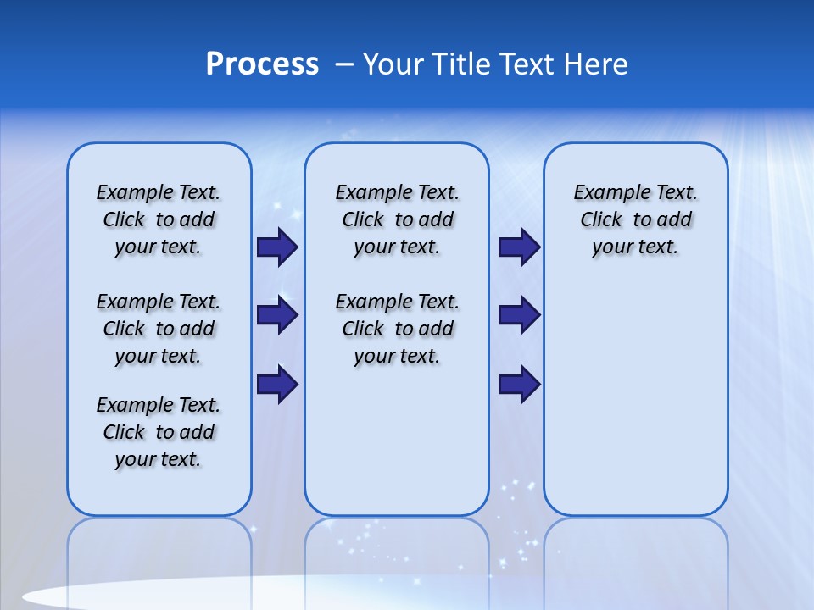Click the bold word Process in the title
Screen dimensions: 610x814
point(262,64)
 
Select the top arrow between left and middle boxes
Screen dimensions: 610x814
point(277,247)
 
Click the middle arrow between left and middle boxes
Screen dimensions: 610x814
point(277,315)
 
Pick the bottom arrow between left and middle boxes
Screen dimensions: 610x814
point(277,384)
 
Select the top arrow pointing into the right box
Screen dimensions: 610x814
point(519,247)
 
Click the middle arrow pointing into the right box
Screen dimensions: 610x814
point(519,315)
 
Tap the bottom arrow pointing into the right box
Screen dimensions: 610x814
point(519,384)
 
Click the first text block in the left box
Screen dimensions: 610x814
point(159,219)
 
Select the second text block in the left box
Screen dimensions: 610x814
point(159,329)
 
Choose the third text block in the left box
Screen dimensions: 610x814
point(159,432)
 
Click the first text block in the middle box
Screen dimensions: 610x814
point(397,219)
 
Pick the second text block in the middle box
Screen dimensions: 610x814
point(397,329)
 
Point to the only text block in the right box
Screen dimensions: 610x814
point(635,219)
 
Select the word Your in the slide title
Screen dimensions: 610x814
point(393,64)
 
